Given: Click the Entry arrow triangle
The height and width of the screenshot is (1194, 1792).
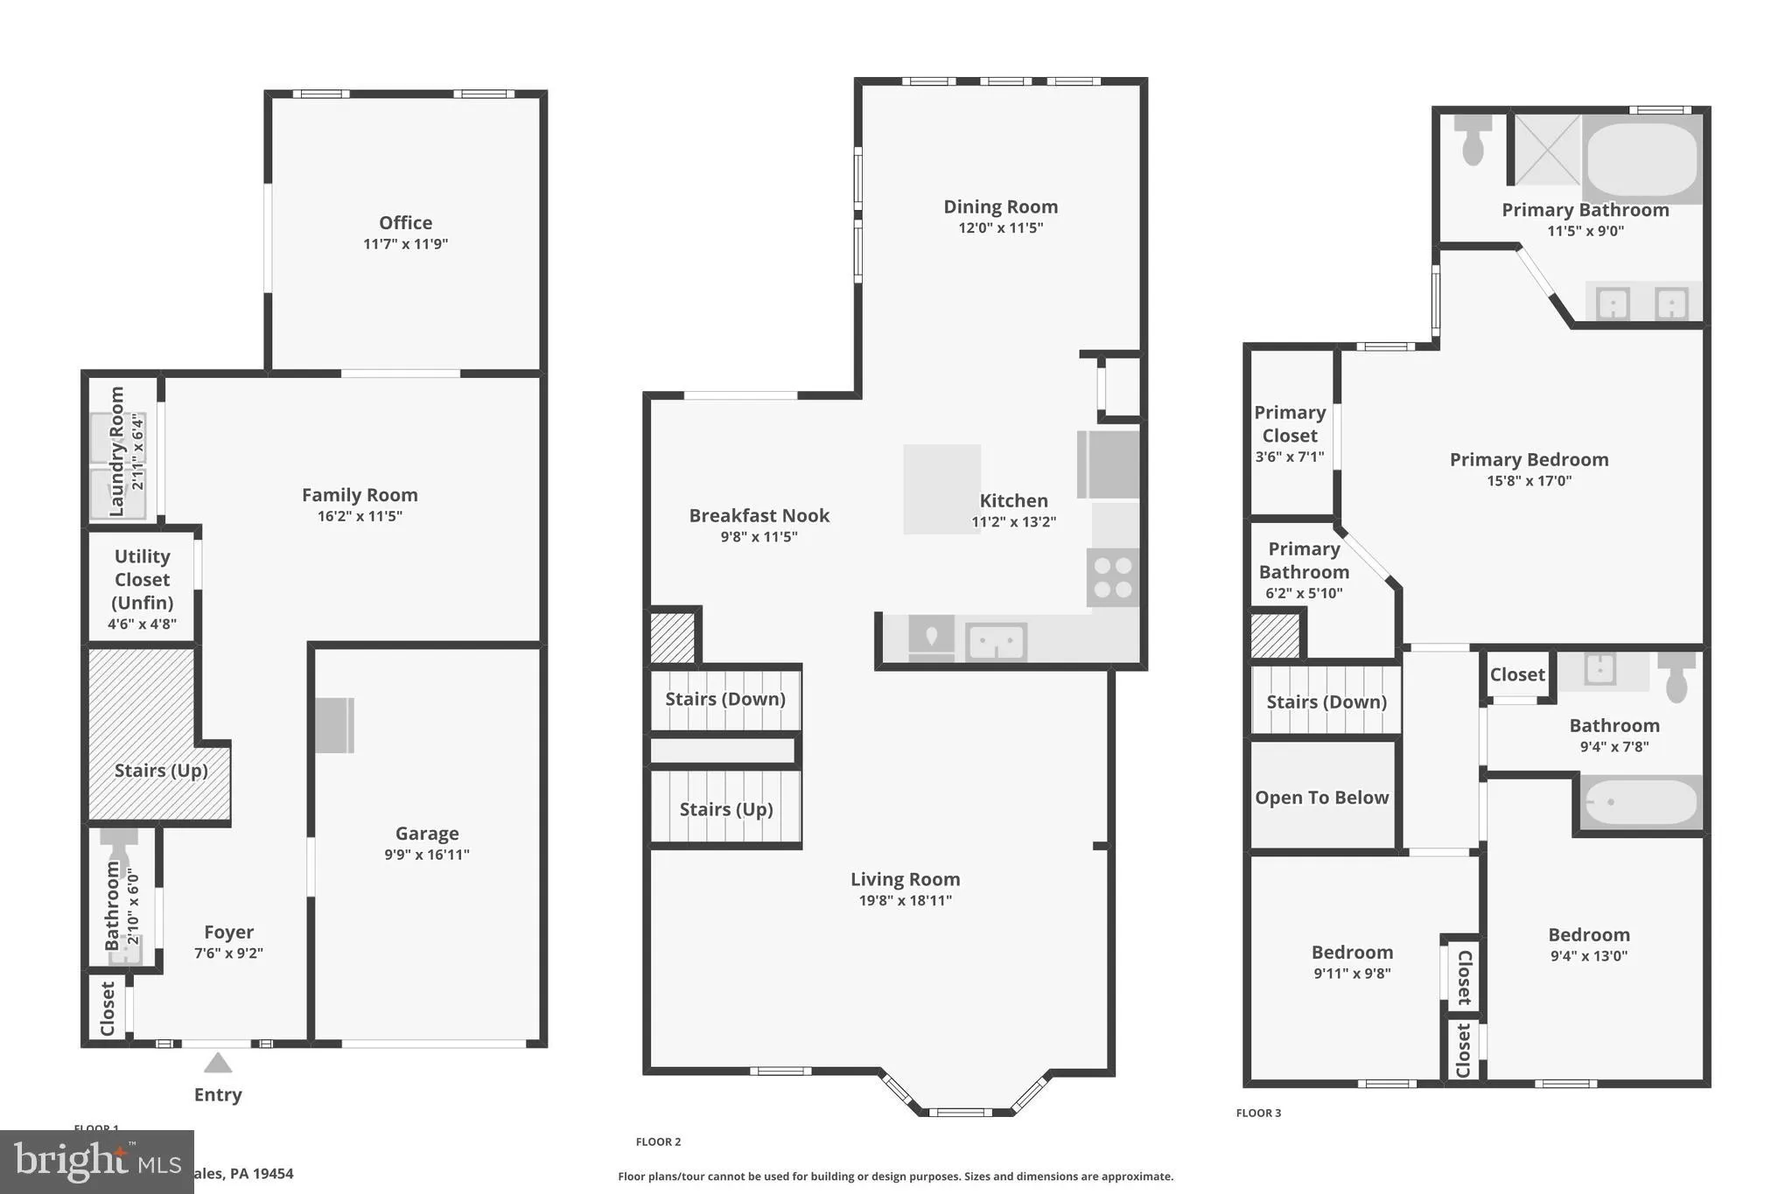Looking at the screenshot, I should pyautogui.click(x=218, y=1064).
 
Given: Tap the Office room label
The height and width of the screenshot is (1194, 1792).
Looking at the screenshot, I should pyautogui.click(x=405, y=223).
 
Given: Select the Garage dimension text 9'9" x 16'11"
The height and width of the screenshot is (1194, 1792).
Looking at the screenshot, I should pyautogui.click(x=427, y=855).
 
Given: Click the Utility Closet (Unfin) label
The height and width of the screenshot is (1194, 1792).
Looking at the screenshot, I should pyautogui.click(x=142, y=579).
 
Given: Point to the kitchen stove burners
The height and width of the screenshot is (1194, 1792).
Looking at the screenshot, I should pyautogui.click(x=1113, y=577).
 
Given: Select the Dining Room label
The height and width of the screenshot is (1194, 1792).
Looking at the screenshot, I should pyautogui.click(x=1000, y=207).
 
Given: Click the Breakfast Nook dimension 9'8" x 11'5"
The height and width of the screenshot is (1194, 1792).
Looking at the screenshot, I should pyautogui.click(x=759, y=537).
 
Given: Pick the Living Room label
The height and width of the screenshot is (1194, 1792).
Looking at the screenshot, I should pyautogui.click(x=905, y=879).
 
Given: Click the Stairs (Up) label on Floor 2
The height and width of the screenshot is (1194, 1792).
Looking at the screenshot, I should pyautogui.click(x=726, y=809).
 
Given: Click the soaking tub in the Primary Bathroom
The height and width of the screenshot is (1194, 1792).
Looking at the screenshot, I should pyautogui.click(x=1641, y=159).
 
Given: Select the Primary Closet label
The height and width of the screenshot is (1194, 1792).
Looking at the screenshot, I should pyautogui.click(x=1290, y=424).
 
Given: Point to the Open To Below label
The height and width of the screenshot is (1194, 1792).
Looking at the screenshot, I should pyautogui.click(x=1321, y=798).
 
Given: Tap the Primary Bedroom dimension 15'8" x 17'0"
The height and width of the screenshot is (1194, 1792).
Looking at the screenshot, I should pyautogui.click(x=1529, y=481).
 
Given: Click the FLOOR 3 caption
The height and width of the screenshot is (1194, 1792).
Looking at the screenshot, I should pyautogui.click(x=1258, y=1114).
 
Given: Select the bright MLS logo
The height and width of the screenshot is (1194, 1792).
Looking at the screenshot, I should pyautogui.click(x=96, y=1162).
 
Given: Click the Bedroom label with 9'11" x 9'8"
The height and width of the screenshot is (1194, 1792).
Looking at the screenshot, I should pyautogui.click(x=1352, y=953).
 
